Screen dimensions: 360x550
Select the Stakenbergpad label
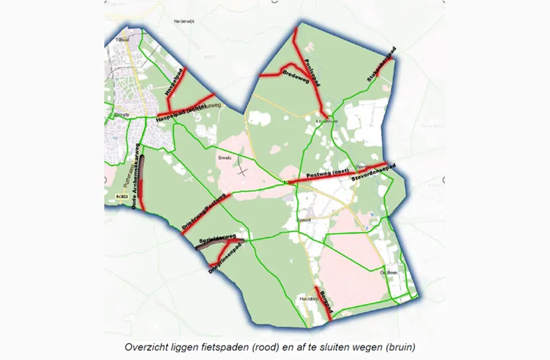(x=381, y=64)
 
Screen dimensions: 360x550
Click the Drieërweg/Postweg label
(x=203, y=213)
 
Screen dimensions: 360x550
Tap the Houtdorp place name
(x=307, y=300)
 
